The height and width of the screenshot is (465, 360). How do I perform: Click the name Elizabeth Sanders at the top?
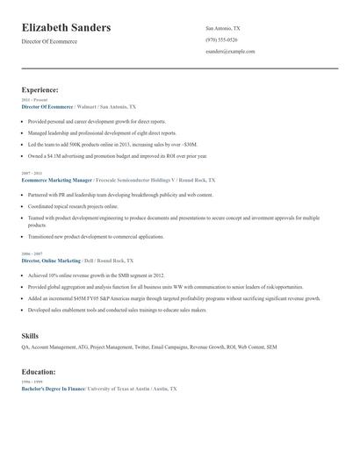(x=66, y=28)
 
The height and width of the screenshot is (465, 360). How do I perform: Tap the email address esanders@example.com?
(x=230, y=51)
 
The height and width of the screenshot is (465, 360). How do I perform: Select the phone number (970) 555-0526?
(x=221, y=39)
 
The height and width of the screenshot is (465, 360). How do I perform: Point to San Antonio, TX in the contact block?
(x=222, y=28)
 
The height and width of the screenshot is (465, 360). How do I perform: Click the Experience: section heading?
(x=40, y=89)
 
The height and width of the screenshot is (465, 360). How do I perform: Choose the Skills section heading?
(x=30, y=336)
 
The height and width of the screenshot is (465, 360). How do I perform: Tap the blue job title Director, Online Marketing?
(x=51, y=261)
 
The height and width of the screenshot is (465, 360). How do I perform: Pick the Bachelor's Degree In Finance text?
(x=53, y=388)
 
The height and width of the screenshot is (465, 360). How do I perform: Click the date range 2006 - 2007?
(x=31, y=254)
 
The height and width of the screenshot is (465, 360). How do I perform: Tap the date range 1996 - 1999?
(x=31, y=382)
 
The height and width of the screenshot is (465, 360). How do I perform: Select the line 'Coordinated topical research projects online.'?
(x=78, y=205)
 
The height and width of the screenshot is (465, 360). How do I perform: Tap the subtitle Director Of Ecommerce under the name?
(x=49, y=41)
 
